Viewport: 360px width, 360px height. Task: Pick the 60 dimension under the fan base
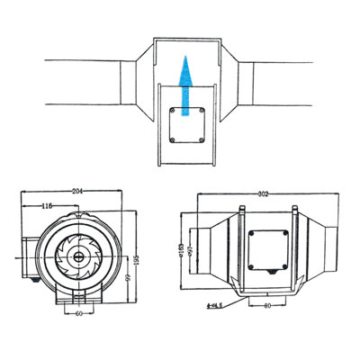(x=79, y=315)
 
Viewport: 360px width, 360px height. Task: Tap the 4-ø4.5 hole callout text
(x=215, y=307)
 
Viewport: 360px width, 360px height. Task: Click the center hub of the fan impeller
(x=81, y=255)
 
